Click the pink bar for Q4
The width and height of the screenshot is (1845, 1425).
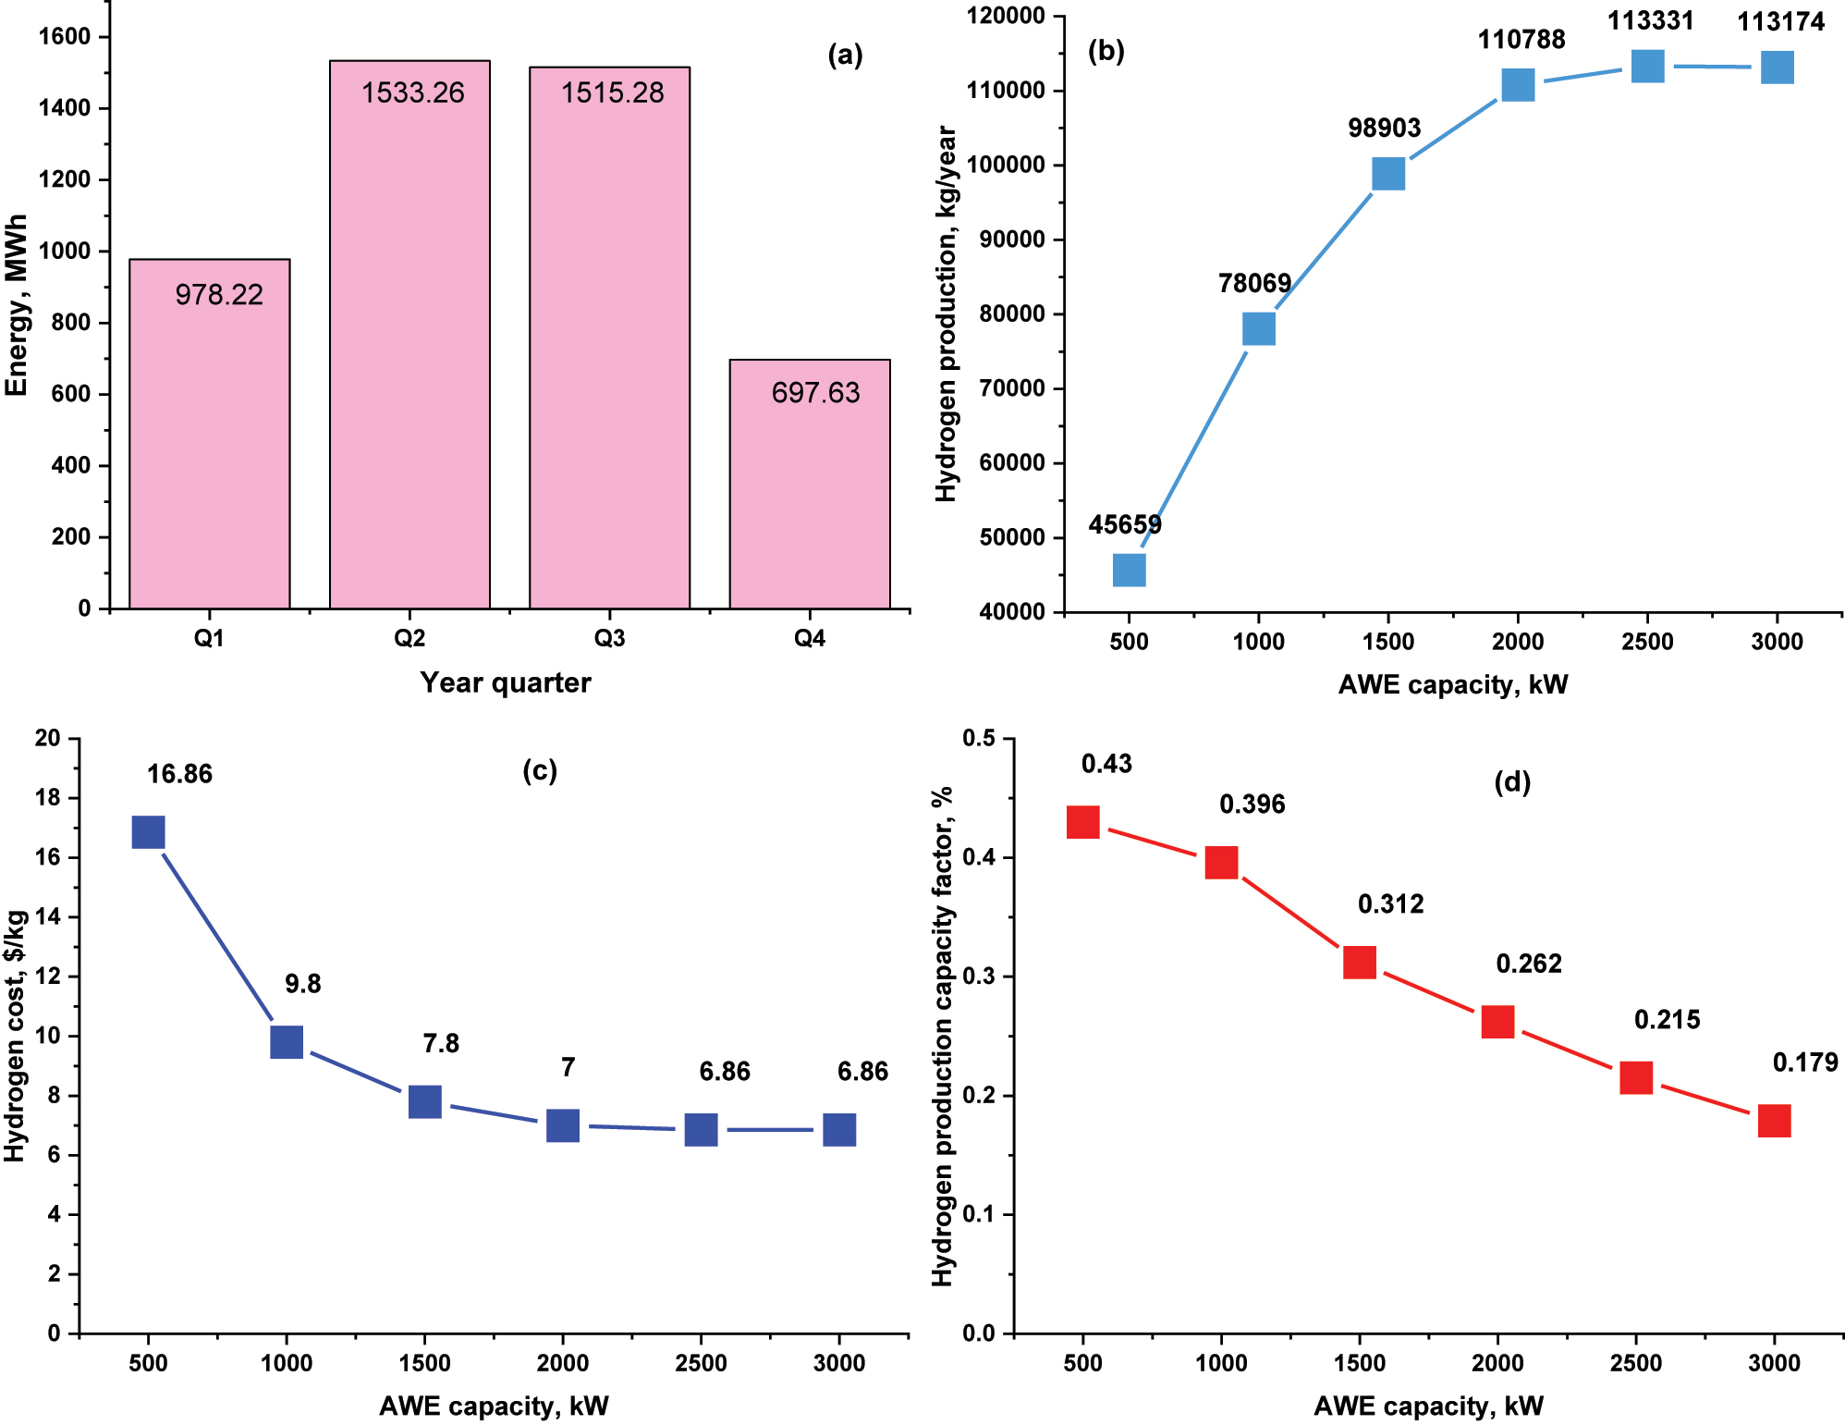point(810,499)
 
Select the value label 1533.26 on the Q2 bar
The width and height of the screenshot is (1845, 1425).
point(412,92)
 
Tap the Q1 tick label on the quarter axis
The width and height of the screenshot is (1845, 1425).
point(209,639)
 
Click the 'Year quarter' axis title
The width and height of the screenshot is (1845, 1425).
point(505,683)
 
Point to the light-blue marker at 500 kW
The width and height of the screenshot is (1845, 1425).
point(1129,570)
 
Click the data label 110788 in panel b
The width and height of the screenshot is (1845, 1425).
point(1521,40)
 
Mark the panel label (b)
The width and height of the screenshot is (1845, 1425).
point(1106,51)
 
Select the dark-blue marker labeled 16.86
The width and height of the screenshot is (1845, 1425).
point(149,832)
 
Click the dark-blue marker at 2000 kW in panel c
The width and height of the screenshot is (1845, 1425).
point(562,1125)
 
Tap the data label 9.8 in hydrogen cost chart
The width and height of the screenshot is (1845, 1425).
point(302,984)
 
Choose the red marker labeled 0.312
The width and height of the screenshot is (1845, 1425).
point(1359,962)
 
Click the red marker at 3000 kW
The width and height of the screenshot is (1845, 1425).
point(1773,1121)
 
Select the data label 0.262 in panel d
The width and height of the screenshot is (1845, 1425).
point(1528,964)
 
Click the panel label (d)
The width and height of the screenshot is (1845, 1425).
point(1512,782)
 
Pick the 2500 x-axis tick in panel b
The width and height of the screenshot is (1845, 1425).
point(1646,642)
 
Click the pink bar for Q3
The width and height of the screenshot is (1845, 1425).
point(609,370)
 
